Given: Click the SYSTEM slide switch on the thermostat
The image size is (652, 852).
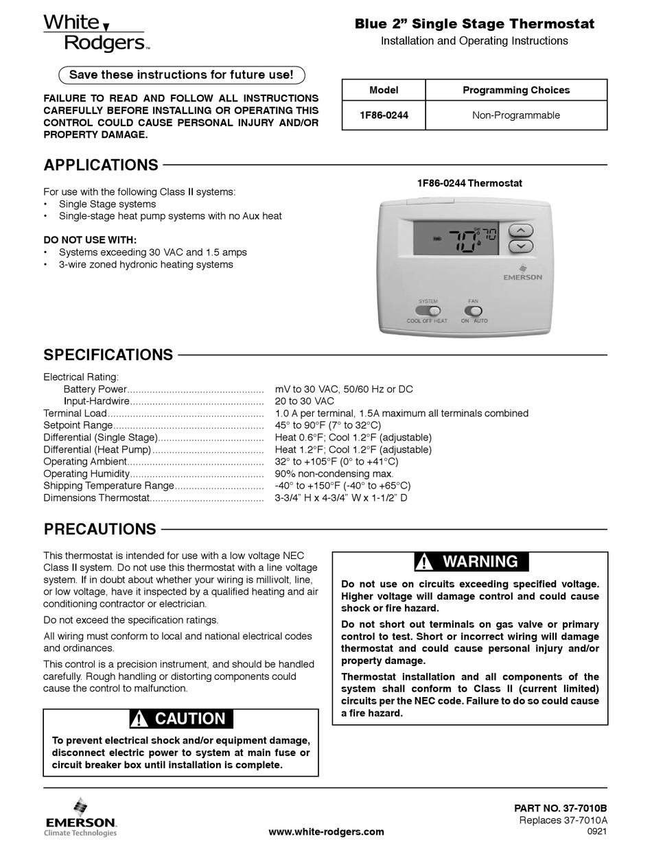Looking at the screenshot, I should point(429,311).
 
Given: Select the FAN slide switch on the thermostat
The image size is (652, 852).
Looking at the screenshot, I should point(473,311).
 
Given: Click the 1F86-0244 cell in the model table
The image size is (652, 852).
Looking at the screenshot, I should point(384,115).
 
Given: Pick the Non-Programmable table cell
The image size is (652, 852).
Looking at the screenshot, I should point(515,115).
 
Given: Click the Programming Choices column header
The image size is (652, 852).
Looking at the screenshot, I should point(515,90).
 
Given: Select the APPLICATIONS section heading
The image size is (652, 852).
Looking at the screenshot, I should point(101,165).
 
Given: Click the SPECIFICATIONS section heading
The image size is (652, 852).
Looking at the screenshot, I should point(108,355).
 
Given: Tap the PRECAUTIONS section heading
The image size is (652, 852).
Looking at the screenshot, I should point(100,530).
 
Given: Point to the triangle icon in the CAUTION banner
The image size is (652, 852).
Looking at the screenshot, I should point(139,719).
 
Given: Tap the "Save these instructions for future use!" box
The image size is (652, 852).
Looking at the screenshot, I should point(181,74).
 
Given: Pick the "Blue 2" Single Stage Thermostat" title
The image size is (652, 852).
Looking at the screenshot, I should point(474,25).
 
